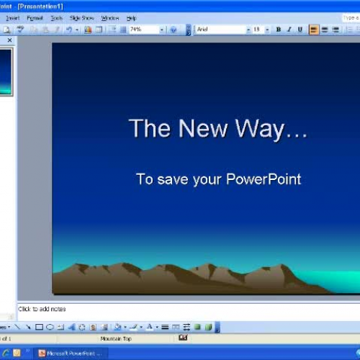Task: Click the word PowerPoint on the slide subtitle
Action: (x=264, y=179)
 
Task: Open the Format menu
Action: (x=35, y=17)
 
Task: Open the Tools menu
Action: (x=56, y=17)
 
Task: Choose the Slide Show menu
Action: (x=81, y=17)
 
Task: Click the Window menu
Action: (x=110, y=17)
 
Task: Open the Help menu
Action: (x=131, y=17)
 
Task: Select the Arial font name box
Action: (x=220, y=30)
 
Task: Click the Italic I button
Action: (x=289, y=30)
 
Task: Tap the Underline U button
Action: (x=300, y=30)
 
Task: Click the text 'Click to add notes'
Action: (x=42, y=309)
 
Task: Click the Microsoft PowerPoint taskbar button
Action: (x=71, y=353)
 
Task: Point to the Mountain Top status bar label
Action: (x=115, y=338)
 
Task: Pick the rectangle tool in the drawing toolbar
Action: (x=40, y=327)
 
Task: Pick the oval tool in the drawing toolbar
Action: (x=50, y=327)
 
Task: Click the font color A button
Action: (x=149, y=327)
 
